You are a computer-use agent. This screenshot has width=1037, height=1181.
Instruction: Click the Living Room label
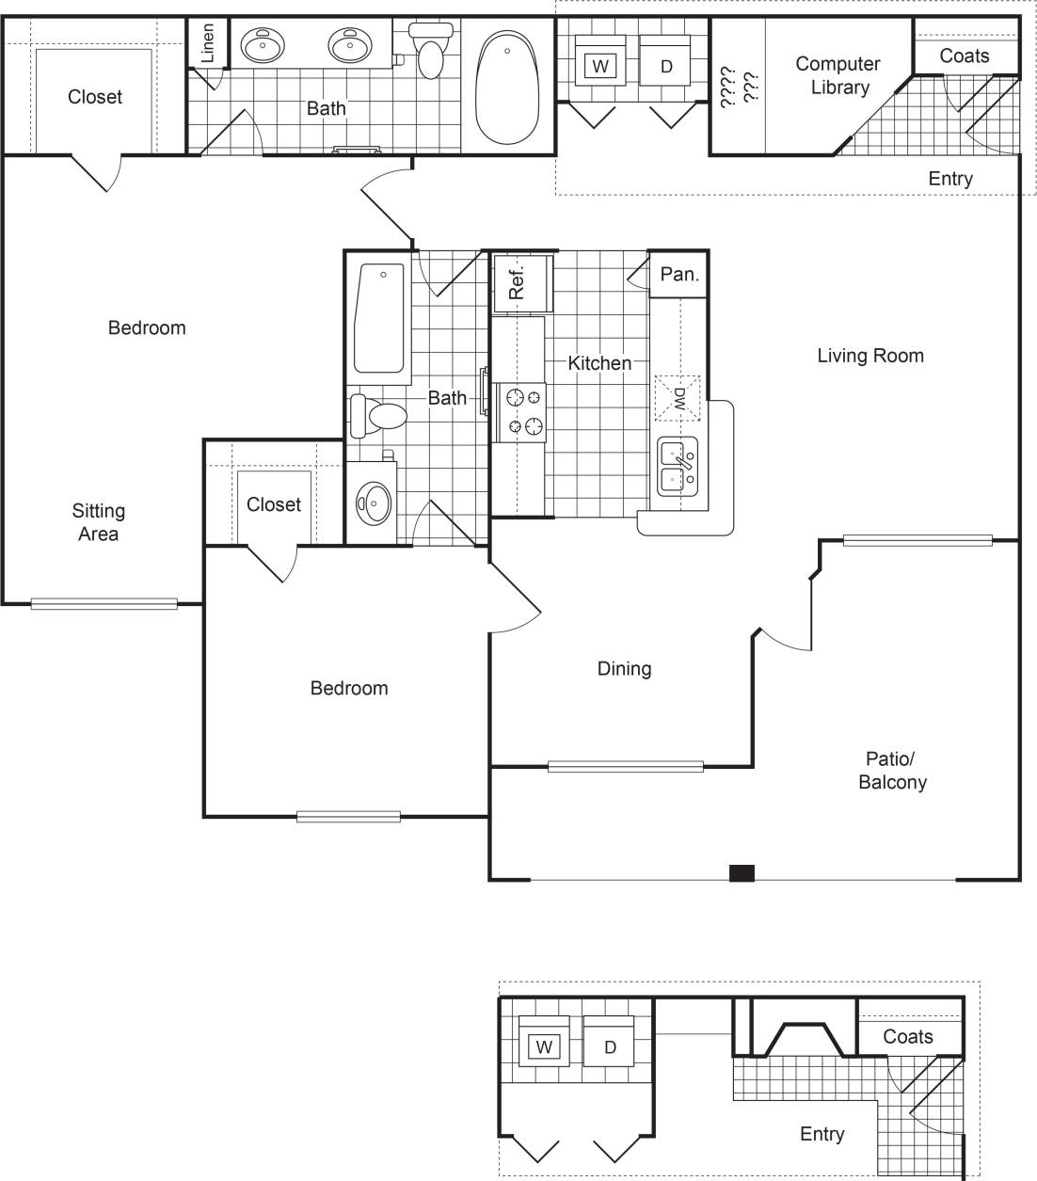coord(869,356)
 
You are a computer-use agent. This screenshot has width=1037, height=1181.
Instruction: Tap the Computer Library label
coord(838,75)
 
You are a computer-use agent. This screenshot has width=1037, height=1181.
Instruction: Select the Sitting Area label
coord(98,522)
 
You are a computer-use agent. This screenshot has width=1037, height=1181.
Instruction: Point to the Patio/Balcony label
coord(892,771)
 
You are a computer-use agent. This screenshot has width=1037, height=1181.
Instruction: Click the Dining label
coord(624,669)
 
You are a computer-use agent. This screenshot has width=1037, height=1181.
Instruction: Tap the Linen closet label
coord(208,43)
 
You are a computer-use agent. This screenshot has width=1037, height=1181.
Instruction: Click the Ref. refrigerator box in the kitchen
coord(518,281)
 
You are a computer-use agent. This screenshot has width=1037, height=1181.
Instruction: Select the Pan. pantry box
coord(678,275)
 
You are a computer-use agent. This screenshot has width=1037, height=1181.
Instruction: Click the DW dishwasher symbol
coord(678,398)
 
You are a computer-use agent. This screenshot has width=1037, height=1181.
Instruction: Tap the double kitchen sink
coord(678,468)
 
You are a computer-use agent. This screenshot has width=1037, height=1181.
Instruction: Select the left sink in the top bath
coord(263,44)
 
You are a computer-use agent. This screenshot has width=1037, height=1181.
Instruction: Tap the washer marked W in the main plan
coord(599,67)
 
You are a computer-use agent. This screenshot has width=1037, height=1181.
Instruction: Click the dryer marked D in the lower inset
coord(610,1047)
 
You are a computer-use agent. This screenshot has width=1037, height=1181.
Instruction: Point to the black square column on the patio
coord(742,873)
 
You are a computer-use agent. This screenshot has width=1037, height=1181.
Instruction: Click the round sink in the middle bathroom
coord(374,502)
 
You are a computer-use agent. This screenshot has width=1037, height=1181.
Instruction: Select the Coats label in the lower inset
coord(908,1037)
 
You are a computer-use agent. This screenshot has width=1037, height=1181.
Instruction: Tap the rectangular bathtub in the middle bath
coord(379,318)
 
